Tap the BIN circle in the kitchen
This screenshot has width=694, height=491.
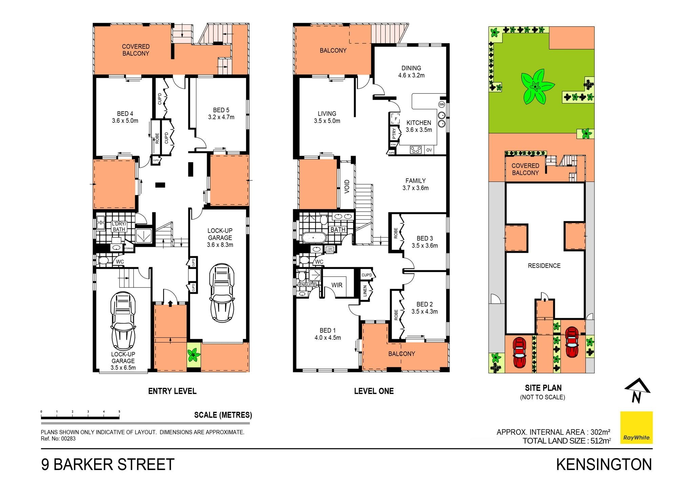pyautogui.click(x=442, y=104)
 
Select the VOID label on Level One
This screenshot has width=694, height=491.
pyautogui.click(x=347, y=186)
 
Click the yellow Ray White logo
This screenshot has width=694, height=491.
pyautogui.click(x=636, y=428)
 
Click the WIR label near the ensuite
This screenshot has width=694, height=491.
pyautogui.click(x=336, y=285)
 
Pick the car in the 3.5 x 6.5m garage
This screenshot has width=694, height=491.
pyautogui.click(x=123, y=321)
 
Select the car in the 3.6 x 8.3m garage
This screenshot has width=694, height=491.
pyautogui.click(x=222, y=293)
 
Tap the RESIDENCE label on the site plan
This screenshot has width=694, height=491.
pyautogui.click(x=544, y=266)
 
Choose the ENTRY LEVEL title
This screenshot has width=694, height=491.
pyautogui.click(x=172, y=391)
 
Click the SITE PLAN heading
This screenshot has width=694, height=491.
pyautogui.click(x=543, y=388)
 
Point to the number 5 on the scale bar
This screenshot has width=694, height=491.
pyautogui.click(x=119, y=412)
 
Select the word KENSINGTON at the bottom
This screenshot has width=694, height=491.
pyautogui.click(x=604, y=465)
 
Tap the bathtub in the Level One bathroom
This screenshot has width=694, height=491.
pyautogui.click(x=314, y=237)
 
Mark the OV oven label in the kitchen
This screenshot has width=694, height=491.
pyautogui.click(x=429, y=150)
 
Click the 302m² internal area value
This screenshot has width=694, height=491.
pyautogui.click(x=600, y=432)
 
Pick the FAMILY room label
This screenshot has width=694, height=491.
pyautogui.click(x=415, y=181)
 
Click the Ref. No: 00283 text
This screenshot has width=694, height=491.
pyautogui.click(x=58, y=438)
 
